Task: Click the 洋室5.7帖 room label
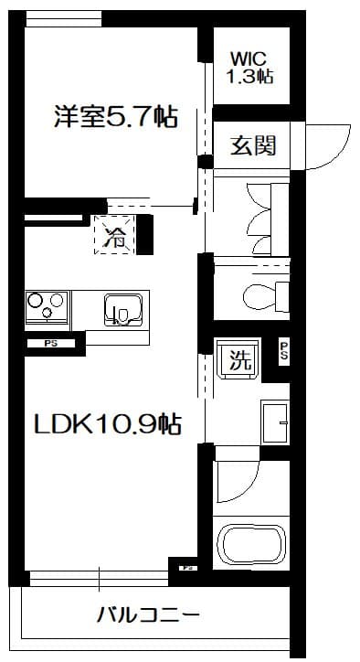[115, 117]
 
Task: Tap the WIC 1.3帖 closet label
[249, 67]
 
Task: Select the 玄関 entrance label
[252, 145]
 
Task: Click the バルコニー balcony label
[148, 614]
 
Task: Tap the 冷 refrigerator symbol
[115, 236]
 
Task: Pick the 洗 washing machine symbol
[239, 359]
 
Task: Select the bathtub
[250, 547]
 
